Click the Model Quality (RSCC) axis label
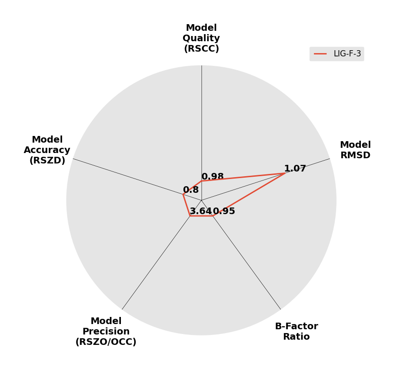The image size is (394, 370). (x=202, y=38)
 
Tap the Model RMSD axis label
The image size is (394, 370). (x=355, y=150)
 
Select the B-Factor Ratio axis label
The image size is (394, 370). (x=296, y=331)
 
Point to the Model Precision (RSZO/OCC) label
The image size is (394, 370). (x=106, y=331)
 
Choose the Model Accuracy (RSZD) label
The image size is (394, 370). (x=47, y=150)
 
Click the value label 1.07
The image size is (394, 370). (x=295, y=169)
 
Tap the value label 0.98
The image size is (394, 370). (x=212, y=176)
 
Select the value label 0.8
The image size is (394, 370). (x=191, y=190)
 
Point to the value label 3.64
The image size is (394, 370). (x=202, y=211)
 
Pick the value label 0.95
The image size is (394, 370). (x=224, y=211)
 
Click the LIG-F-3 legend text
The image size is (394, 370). (x=347, y=54)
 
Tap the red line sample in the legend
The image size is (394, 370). (x=321, y=54)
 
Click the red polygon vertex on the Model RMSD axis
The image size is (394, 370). (x=285, y=173)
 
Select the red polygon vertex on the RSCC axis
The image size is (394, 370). (x=202, y=180)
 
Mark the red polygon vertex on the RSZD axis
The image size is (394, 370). (x=183, y=194)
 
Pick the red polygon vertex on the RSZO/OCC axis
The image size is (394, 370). (x=190, y=216)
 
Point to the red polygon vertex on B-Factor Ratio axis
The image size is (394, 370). (x=213, y=216)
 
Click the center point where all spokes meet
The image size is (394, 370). (x=202, y=200)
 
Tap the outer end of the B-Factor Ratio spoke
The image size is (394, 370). (x=281, y=309)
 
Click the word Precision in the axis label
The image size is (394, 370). (x=106, y=331)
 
